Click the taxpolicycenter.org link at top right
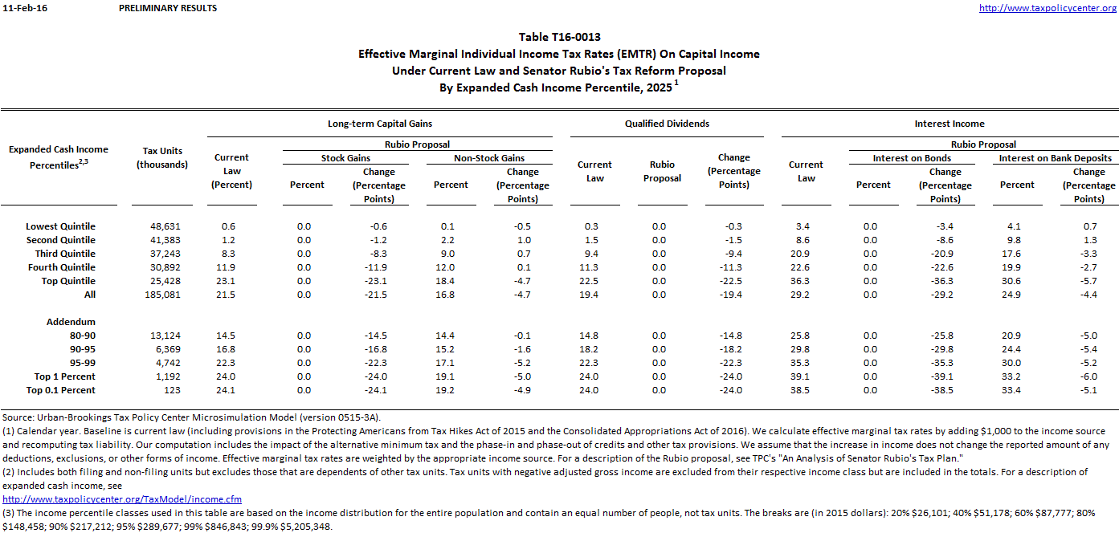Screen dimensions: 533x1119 tap(1048, 8)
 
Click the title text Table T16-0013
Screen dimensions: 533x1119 tap(559, 37)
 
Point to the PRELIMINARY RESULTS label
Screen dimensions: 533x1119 tap(167, 8)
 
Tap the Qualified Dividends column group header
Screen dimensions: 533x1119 tap(667, 124)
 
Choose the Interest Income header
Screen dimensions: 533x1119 tap(949, 124)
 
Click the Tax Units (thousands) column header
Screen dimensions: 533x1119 tap(162, 157)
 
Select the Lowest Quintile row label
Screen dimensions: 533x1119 tap(60, 226)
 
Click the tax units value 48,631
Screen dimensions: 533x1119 tap(165, 226)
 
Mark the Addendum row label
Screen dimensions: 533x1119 tap(71, 322)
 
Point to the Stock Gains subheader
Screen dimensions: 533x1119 tap(345, 158)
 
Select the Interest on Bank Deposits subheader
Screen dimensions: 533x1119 tap(1055, 158)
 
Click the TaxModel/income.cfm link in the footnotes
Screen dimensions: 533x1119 tap(121, 499)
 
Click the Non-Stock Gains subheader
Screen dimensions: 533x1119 tap(489, 158)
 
